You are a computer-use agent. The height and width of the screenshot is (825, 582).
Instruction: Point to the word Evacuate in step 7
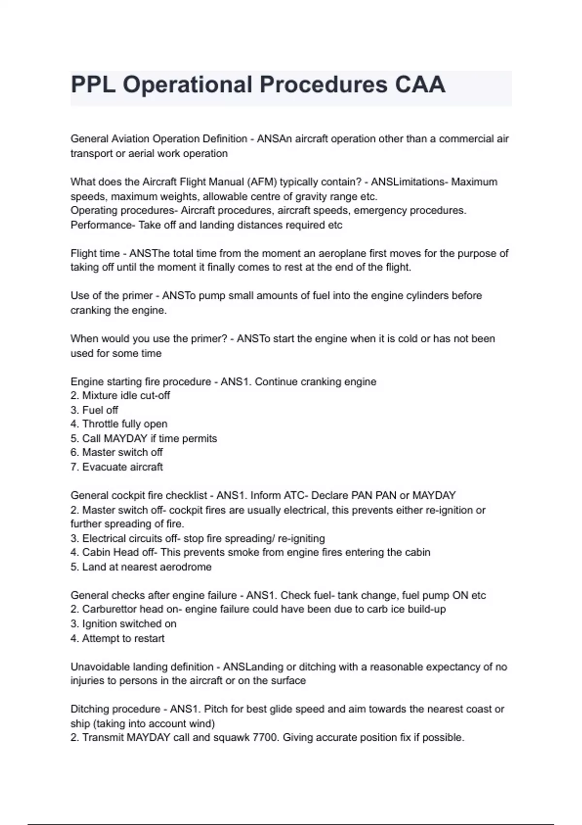[102, 467]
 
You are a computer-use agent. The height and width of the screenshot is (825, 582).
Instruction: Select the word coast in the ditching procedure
[479, 709]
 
